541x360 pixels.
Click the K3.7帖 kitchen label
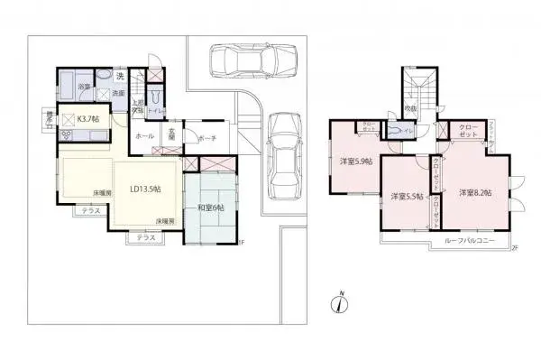(x=87, y=118)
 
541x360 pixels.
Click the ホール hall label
(x=143, y=135)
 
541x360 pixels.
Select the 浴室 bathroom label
(x=82, y=87)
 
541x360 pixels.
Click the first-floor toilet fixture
(x=157, y=94)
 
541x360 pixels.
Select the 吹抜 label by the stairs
(x=410, y=109)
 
